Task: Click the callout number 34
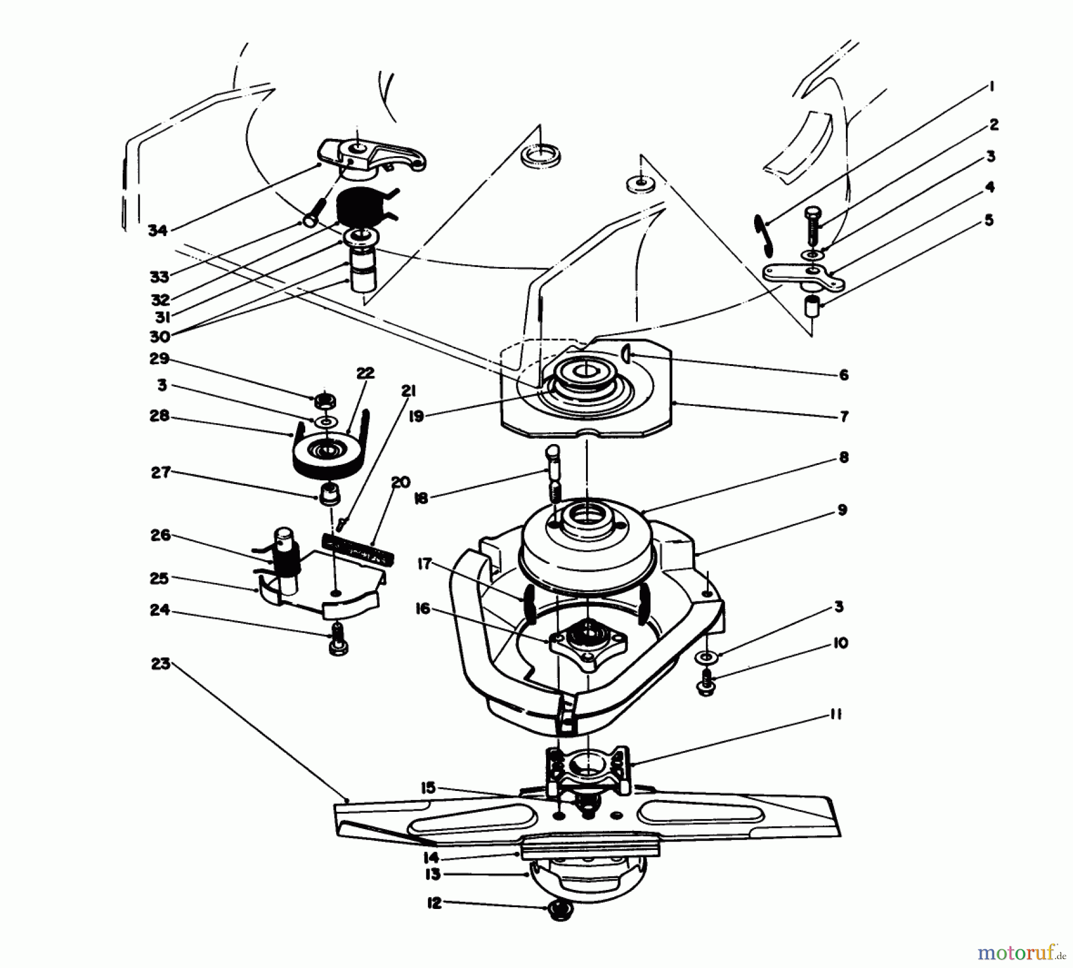point(157,230)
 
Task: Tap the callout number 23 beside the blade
point(161,663)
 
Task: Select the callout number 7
point(844,417)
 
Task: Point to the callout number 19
point(417,416)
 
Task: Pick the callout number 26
point(161,535)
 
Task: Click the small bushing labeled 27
point(327,494)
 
